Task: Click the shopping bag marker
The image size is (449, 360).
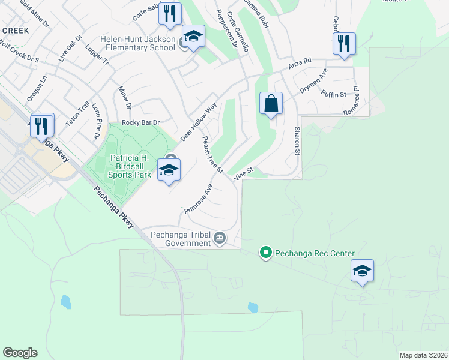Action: tap(271, 103)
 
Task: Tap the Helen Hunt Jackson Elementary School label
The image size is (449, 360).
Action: tap(139, 43)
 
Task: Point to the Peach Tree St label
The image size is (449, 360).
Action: tap(212, 155)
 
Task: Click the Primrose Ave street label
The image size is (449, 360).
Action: tap(199, 199)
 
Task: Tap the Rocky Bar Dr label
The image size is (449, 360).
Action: tap(141, 122)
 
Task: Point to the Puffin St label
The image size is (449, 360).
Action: tap(334, 93)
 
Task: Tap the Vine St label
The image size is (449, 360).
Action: tap(244, 173)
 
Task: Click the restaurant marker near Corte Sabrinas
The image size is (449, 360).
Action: tap(170, 13)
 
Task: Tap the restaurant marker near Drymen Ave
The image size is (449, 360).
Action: tap(344, 44)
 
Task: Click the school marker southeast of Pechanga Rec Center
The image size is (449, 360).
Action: tap(362, 271)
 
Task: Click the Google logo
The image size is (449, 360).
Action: tap(20, 353)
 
